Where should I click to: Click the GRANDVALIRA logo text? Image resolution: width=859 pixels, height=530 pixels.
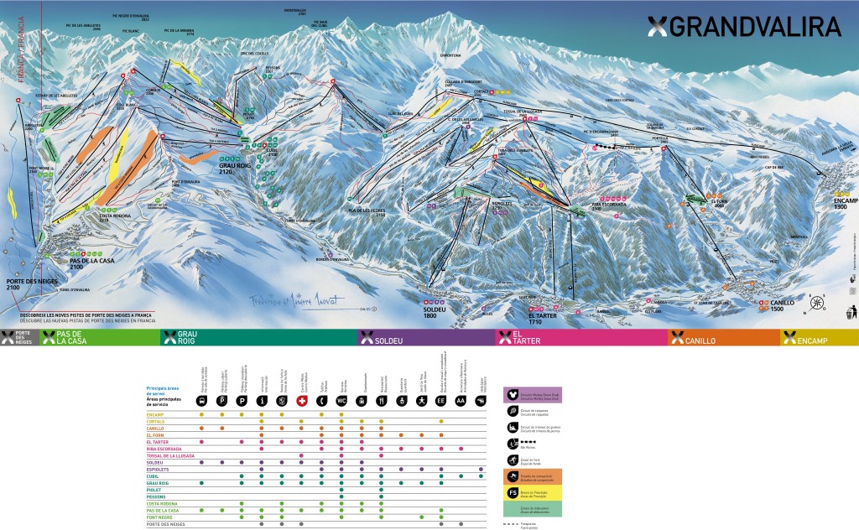point(754,26)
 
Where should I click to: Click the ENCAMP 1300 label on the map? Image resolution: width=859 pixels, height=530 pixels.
point(842,205)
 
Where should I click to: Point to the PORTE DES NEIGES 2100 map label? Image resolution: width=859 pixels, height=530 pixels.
point(24,283)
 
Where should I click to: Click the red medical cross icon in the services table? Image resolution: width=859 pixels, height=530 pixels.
point(301,401)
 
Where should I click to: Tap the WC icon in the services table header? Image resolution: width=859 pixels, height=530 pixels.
point(341,401)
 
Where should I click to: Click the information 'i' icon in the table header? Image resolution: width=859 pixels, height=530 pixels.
point(262,401)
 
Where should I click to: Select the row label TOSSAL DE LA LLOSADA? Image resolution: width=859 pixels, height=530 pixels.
point(170,455)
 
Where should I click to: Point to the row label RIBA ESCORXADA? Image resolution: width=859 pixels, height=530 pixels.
point(164,449)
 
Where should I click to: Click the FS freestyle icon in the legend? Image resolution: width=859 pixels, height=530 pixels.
point(512,491)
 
